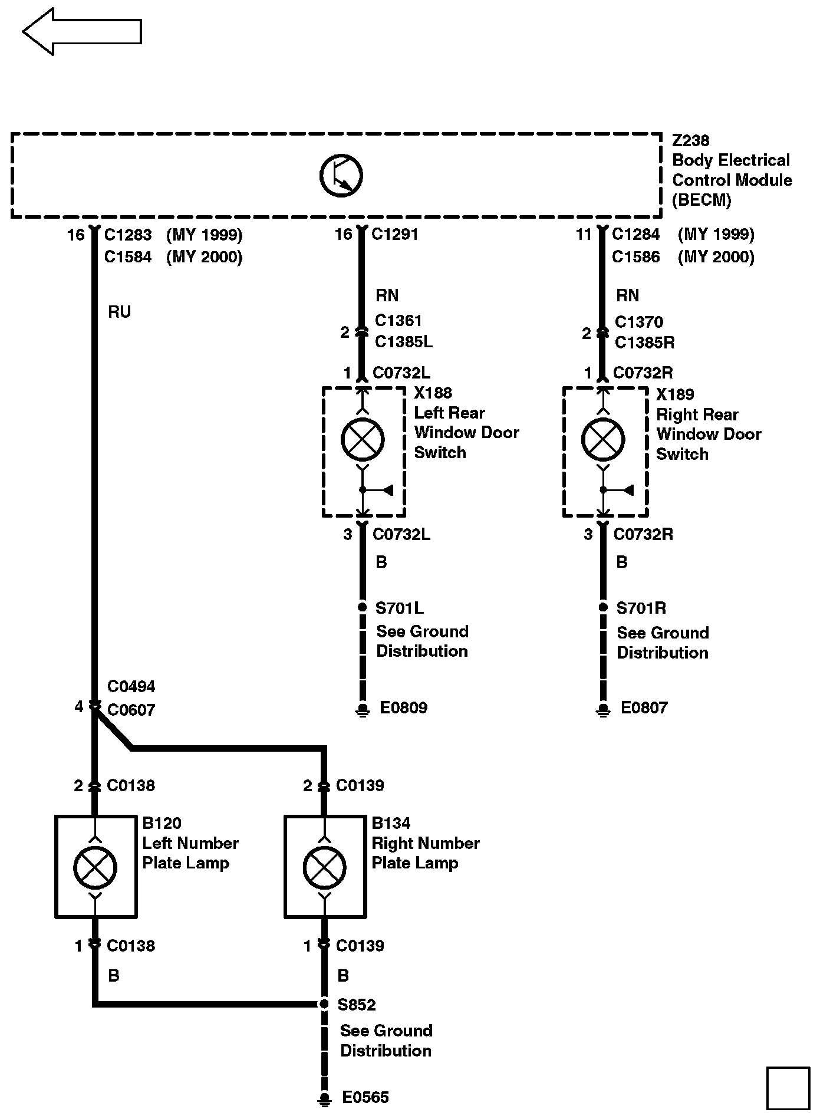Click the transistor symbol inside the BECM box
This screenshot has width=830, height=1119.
(341, 175)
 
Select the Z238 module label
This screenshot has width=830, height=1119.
(690, 141)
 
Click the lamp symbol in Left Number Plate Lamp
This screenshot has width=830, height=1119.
(95, 867)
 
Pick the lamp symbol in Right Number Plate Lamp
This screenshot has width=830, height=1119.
(324, 867)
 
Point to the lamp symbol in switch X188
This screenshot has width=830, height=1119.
(363, 439)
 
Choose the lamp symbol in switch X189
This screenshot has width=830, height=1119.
(602, 439)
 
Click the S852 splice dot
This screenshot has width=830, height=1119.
(324, 1003)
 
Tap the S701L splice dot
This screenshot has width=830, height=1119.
(363, 607)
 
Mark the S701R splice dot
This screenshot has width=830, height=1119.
(603, 607)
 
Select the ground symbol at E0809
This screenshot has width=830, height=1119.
(363, 710)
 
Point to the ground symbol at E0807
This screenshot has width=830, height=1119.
(603, 710)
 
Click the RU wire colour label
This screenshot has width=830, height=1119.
(119, 312)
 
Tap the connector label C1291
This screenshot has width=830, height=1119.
(395, 235)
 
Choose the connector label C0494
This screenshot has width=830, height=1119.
(131, 687)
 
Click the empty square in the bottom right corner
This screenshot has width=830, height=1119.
(788, 1088)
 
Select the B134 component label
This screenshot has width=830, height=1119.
(391, 823)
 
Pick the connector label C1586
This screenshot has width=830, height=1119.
(635, 257)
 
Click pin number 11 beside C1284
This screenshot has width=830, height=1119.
(584, 235)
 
